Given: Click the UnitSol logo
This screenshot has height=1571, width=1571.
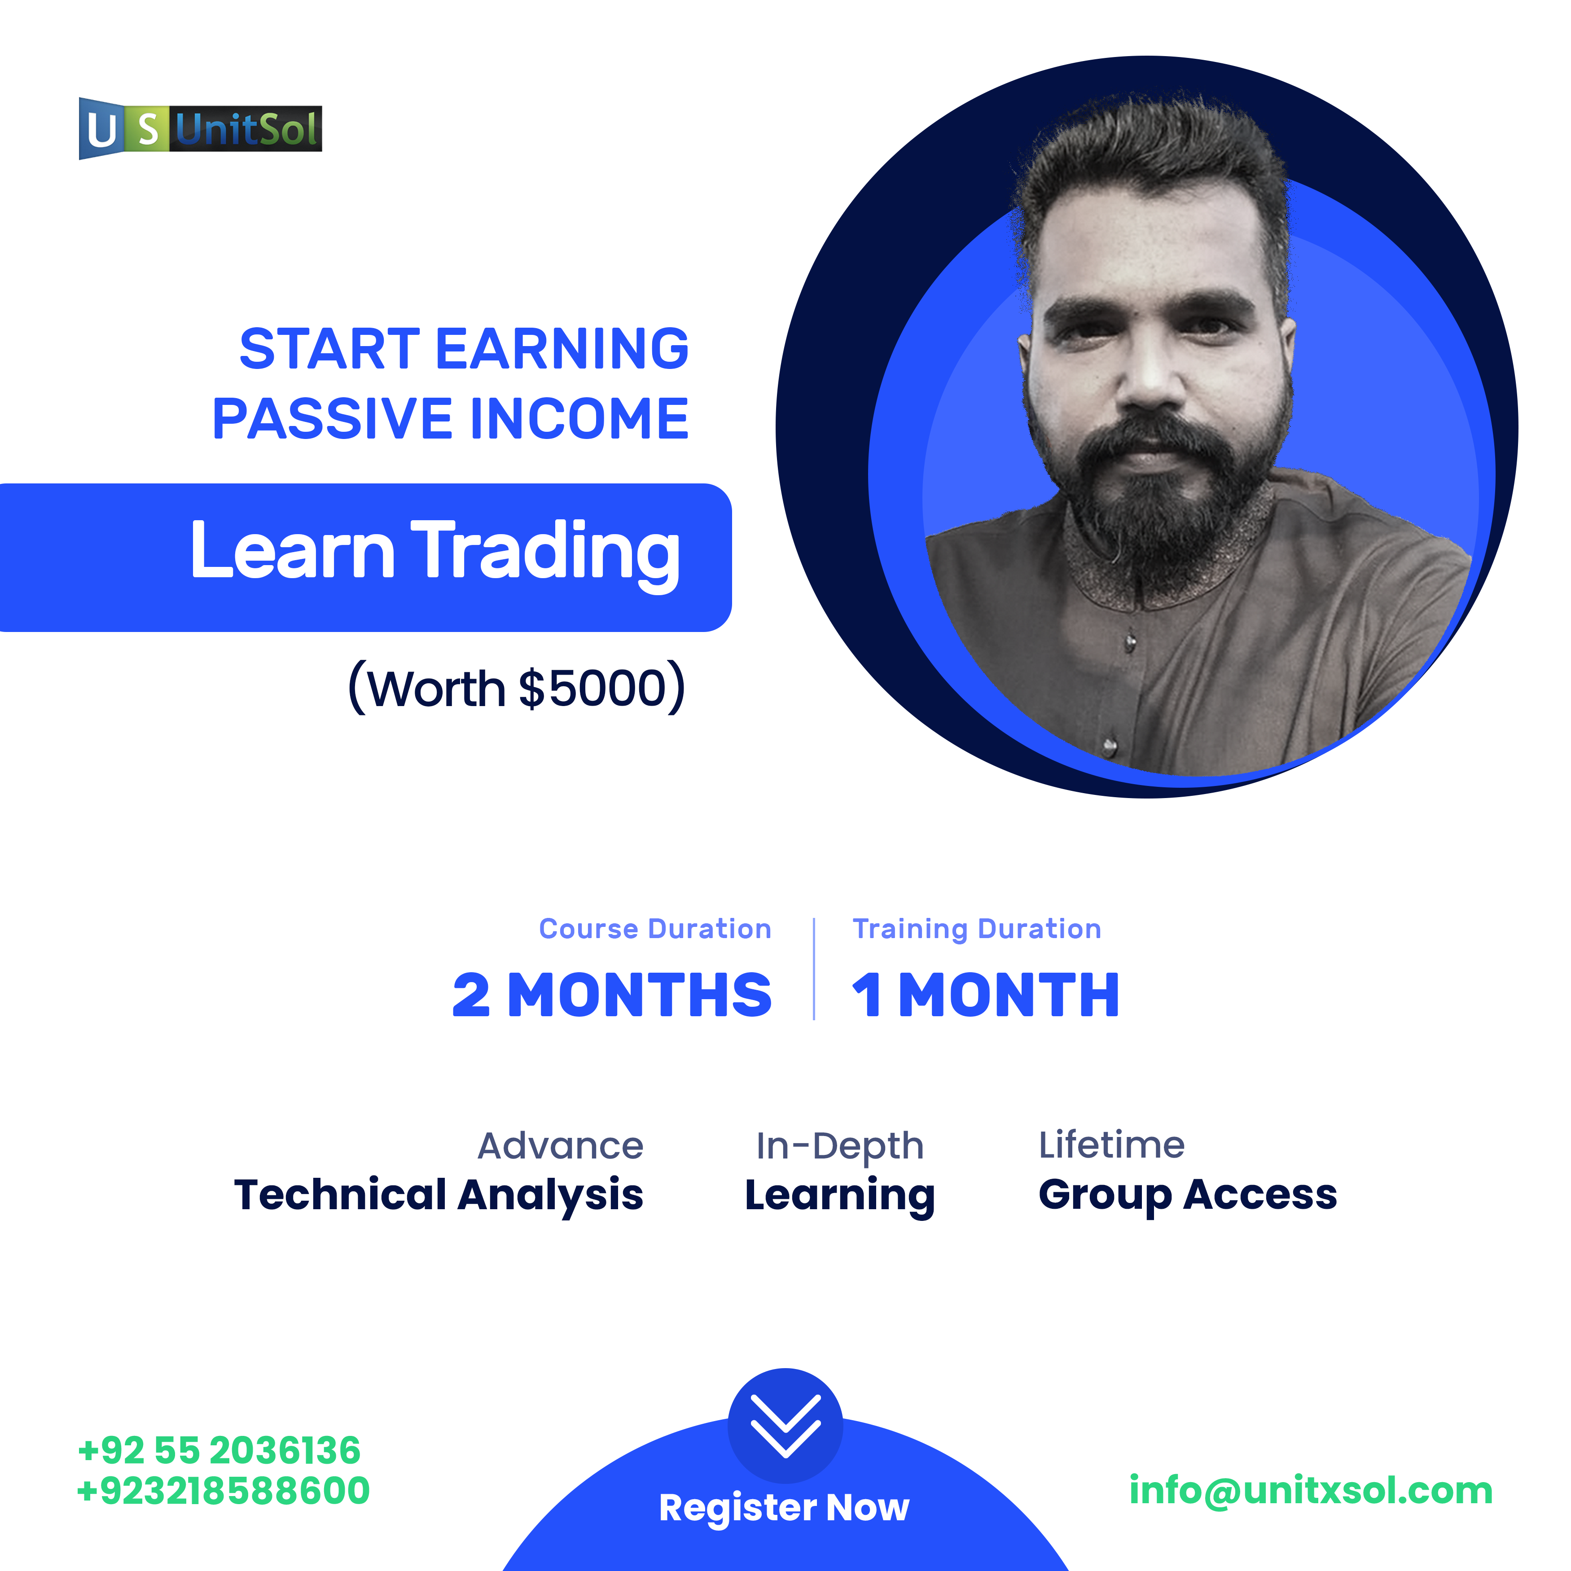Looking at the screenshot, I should pos(200,128).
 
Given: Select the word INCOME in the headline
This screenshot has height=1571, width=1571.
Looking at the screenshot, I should pos(579,419).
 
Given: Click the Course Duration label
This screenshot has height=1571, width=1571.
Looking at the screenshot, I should pos(654,929).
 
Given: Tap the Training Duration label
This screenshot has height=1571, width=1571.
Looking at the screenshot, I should pos(977,929).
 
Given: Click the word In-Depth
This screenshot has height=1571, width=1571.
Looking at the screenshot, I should pos(839,1146).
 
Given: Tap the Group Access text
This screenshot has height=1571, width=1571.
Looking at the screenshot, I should pos(1187,1194).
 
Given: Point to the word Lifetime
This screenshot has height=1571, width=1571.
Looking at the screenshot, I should pos(1111,1145).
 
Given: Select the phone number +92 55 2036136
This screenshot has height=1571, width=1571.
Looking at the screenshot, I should pos(219,1451).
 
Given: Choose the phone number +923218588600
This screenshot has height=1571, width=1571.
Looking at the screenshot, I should pos(223,1491).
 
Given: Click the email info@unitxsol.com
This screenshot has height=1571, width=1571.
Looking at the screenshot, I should pos(1311,1491).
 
